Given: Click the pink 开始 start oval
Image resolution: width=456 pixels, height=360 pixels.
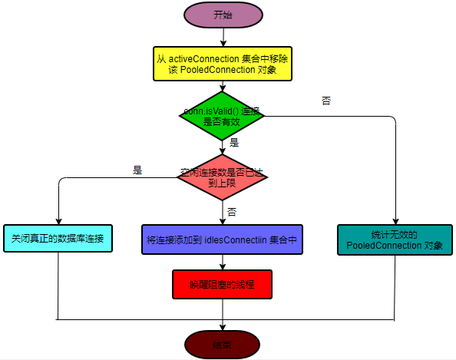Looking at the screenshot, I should point(221,15).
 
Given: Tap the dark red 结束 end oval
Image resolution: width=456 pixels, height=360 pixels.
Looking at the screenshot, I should point(222,344).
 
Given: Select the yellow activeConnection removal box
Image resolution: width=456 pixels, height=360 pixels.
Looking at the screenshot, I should point(221,64).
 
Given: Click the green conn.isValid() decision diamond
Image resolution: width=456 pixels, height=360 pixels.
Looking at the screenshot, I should point(221,116).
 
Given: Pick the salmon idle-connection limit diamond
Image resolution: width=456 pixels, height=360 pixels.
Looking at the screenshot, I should point(222,177).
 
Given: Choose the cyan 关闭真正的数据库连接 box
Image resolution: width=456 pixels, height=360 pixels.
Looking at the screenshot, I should point(58,239).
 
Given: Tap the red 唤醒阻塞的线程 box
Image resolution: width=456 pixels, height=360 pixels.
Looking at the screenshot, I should point(221,284).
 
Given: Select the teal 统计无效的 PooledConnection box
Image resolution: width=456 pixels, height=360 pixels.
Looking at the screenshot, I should point(395,239).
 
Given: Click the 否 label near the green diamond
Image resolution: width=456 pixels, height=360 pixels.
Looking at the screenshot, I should point(326,101).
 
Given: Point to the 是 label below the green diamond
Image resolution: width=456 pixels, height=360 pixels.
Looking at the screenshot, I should point(234,142).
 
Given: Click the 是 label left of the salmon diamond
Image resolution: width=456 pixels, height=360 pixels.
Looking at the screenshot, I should point(137,170).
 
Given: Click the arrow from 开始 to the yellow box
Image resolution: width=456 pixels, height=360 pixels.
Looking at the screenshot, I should point(222,37).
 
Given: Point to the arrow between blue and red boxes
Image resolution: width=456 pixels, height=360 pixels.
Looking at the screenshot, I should point(222,263).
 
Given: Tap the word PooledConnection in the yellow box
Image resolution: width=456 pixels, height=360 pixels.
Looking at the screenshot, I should point(230,70).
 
